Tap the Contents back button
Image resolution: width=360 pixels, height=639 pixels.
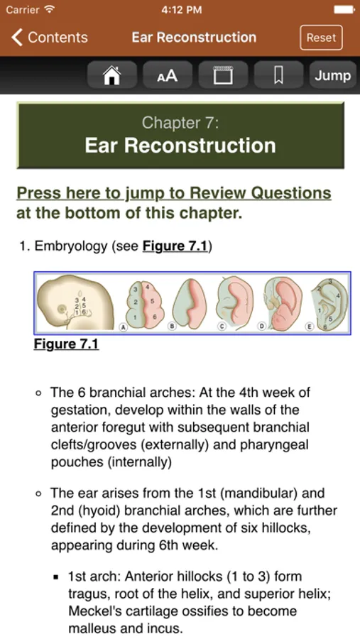[x=49, y=38]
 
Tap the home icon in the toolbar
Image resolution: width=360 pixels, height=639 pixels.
[x=112, y=75]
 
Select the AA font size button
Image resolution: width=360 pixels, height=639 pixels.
[x=168, y=75]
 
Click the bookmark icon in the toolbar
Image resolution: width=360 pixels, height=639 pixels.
[x=278, y=75]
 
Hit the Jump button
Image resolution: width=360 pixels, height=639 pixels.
[x=333, y=75]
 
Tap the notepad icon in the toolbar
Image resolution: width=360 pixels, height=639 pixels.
[x=223, y=75]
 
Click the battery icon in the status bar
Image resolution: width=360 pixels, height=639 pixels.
[x=344, y=10]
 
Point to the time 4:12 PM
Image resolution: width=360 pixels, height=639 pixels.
[x=182, y=10]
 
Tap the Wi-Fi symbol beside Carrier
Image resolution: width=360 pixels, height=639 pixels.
[x=49, y=9]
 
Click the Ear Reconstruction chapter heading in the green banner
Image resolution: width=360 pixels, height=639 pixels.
[x=180, y=146]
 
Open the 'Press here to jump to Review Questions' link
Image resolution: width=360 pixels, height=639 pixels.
[x=174, y=193]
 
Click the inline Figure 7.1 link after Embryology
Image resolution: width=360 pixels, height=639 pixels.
[x=175, y=246]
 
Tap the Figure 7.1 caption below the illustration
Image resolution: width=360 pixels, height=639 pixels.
[x=66, y=344]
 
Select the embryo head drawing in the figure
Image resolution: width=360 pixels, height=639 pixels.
[x=75, y=302]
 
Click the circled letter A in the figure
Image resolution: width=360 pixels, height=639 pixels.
[x=122, y=327]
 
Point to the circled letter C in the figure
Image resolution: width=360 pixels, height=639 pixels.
[x=221, y=327]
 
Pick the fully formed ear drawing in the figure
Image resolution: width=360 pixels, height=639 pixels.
[x=330, y=304]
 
